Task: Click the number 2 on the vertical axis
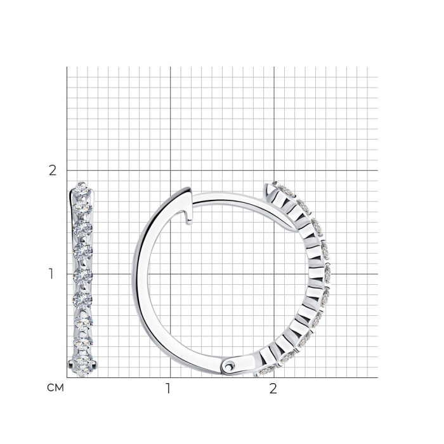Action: point(53,171)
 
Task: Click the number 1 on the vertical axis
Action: point(51,274)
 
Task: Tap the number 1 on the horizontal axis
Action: point(168,388)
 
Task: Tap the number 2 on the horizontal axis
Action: point(273,388)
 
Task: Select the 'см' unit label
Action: point(56,388)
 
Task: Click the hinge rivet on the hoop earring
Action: point(228,367)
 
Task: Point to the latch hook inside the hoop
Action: point(188,217)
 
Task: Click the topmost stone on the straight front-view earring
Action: point(82,190)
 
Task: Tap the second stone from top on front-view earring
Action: point(82,208)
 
